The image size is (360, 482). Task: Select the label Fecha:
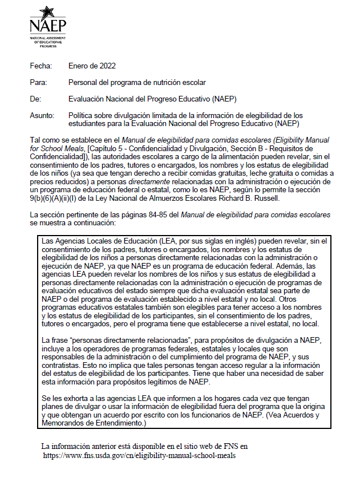pyautogui.click(x=41, y=66)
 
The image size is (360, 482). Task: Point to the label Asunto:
pyautogui.click(x=42, y=115)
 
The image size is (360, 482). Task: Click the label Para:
pyautogui.click(x=39, y=83)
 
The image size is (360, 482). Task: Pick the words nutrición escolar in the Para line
pyautogui.click(x=180, y=83)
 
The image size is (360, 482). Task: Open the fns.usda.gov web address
pyautogui.click(x=140, y=455)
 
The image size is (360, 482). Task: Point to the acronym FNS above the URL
pyautogui.click(x=224, y=446)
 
